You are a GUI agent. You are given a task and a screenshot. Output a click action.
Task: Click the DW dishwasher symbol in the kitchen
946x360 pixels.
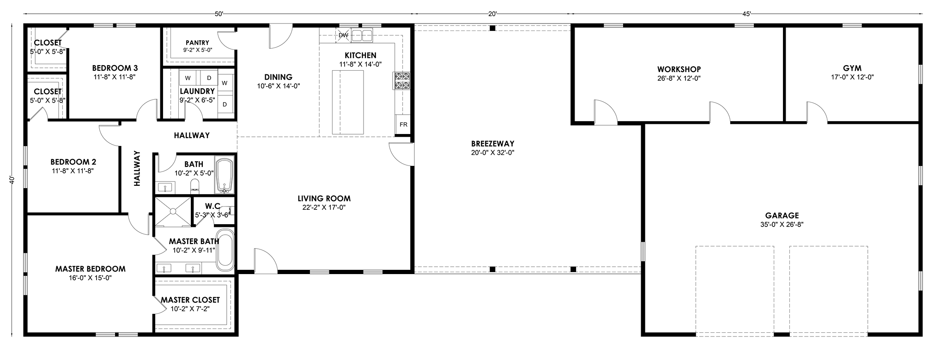[343, 35]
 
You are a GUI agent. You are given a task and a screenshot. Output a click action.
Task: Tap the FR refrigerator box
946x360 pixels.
[403, 124]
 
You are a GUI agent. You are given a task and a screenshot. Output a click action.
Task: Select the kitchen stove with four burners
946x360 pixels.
[402, 80]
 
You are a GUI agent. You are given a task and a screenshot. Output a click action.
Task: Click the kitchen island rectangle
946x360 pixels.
[348, 102]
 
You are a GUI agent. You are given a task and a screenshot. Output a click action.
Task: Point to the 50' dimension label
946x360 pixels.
[219, 14]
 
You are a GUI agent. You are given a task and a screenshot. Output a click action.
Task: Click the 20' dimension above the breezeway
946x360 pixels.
[492, 14]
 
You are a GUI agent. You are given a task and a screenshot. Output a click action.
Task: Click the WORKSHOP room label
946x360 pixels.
[679, 69]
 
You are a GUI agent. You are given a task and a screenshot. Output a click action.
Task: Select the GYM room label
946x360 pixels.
[852, 68]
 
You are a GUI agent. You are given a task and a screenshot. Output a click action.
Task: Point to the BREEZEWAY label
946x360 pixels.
[492, 144]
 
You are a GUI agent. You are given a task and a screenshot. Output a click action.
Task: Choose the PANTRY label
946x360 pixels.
[197, 43]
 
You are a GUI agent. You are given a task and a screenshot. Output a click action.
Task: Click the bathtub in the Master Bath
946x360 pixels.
[225, 250]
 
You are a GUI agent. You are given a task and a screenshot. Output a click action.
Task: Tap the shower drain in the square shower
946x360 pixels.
[173, 211]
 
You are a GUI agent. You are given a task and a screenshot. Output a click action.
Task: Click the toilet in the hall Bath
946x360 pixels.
[195, 185]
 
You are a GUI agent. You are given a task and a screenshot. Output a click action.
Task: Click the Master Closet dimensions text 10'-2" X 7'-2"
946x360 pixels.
[190, 309]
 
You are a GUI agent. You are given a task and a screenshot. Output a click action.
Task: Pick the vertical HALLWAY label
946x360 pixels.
[137, 168]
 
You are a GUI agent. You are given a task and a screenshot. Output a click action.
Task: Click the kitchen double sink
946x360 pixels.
[362, 35]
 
